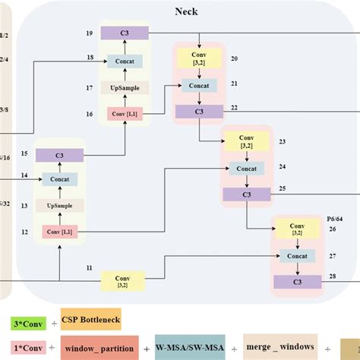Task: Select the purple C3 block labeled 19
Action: (x=124, y=34)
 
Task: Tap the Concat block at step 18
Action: (x=124, y=62)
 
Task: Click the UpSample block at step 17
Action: (x=124, y=88)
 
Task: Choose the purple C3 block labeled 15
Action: (x=58, y=155)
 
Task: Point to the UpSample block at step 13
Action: (x=58, y=206)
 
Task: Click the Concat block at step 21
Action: (x=198, y=86)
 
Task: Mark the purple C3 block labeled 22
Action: (x=198, y=111)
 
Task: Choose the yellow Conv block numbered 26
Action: (x=295, y=229)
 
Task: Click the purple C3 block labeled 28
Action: (x=295, y=282)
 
